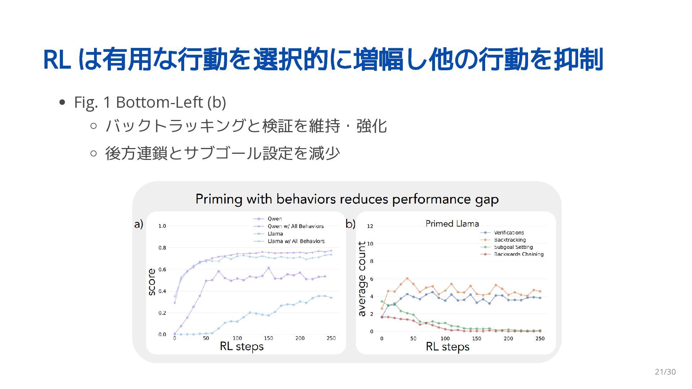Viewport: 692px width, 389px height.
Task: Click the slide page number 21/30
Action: coord(665,372)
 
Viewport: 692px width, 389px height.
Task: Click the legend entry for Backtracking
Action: coord(510,240)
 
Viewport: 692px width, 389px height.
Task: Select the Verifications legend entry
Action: coord(509,233)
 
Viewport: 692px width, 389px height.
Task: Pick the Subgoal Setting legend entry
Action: coord(513,247)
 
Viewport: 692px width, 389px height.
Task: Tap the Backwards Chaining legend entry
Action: coord(518,254)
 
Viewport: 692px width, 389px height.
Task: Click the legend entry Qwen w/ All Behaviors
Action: coord(295,226)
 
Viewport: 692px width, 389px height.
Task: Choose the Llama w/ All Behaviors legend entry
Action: coord(296,241)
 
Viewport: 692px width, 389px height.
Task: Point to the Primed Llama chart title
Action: coord(452,224)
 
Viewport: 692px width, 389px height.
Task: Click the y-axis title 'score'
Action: coord(152,282)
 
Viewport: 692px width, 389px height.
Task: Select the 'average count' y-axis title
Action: coord(361,279)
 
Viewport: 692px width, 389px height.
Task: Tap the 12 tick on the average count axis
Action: coord(370,226)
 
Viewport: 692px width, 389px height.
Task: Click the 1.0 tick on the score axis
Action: coord(162,226)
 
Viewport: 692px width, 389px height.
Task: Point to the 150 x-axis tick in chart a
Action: coord(269,338)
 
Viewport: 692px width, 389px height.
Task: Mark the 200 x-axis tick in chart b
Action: coord(508,339)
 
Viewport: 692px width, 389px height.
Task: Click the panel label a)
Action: coord(139,224)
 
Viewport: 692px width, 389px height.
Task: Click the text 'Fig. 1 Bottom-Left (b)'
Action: coord(150,102)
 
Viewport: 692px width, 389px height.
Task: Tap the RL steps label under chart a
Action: coord(242,346)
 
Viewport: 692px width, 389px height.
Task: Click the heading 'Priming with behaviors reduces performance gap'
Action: coord(347,199)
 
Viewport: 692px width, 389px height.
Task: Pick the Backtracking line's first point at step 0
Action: coord(382,308)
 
